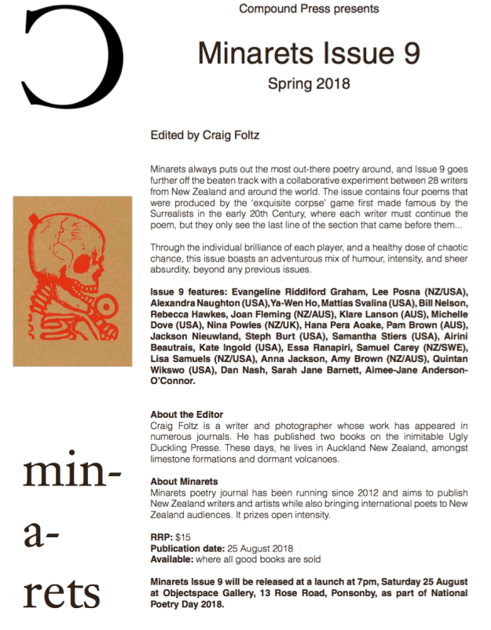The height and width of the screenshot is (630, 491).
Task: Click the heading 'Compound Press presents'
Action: pyautogui.click(x=309, y=9)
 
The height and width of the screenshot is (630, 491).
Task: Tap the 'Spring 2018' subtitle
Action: pyautogui.click(x=309, y=82)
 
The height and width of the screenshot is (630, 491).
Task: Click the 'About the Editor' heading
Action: pyautogui.click(x=186, y=414)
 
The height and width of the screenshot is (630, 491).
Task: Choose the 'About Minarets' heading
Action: pyautogui.click(x=184, y=482)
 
